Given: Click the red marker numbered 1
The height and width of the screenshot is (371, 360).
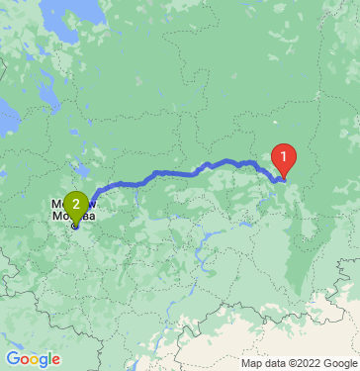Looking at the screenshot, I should [284, 156].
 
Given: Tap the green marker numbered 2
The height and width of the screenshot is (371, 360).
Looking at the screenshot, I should [76, 205].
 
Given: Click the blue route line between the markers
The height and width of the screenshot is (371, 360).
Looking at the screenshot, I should [178, 173].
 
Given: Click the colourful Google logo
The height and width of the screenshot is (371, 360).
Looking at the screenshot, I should [33, 359].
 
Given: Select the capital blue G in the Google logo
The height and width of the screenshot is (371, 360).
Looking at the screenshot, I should [12, 359].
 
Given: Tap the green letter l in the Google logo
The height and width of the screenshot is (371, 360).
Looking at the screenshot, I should [49, 358].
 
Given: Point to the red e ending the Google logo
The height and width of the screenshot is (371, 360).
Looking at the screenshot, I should [55, 360].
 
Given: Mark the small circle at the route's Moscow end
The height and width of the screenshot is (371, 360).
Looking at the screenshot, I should [75, 225].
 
